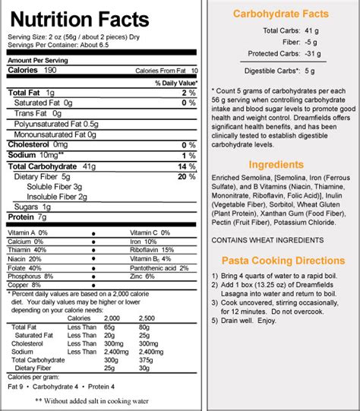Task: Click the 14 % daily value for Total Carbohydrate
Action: (192, 166)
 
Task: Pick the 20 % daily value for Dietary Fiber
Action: (192, 176)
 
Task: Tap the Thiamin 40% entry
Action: (27, 250)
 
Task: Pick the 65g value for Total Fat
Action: (114, 327)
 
